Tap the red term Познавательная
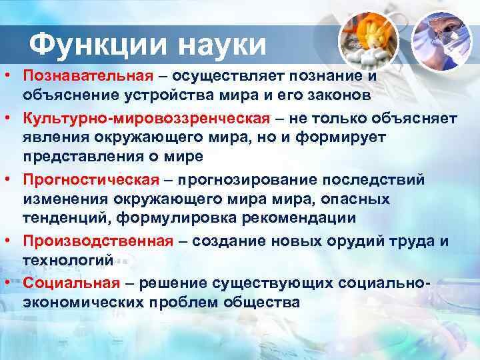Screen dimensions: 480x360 88,75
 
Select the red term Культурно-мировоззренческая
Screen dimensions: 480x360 147,118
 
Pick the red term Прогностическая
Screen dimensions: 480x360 91,180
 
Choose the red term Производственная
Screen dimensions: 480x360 98,241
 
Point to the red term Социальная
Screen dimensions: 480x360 71,283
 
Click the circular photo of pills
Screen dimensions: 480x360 369,41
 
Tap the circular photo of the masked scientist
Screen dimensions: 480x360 442,41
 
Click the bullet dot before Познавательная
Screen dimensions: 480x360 8,75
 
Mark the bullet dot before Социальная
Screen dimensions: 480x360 8,283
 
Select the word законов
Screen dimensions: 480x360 339,95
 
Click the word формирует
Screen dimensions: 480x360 340,138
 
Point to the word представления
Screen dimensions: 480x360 83,157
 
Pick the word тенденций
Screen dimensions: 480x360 67,218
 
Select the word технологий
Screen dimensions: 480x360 68,261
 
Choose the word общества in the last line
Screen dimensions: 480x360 261,302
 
